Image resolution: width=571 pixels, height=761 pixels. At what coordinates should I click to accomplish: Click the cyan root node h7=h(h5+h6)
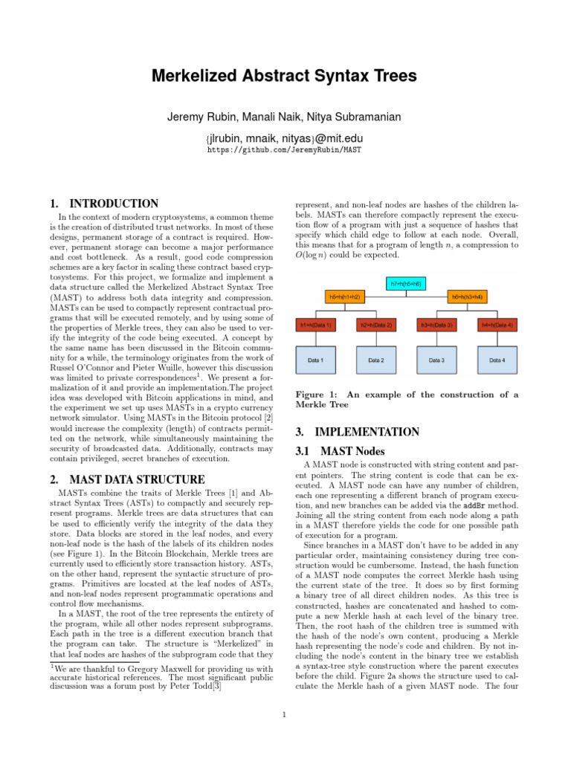405,284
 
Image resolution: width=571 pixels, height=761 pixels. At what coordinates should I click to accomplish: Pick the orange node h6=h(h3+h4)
467,297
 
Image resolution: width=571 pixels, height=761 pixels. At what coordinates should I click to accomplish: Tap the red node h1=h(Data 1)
315,325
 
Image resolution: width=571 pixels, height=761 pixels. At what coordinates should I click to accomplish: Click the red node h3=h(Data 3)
436,325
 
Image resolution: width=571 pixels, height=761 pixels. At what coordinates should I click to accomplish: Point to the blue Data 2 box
375,360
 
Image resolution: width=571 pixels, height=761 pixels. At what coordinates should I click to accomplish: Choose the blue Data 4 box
497,360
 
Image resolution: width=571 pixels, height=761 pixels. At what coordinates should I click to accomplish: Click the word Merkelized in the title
197,76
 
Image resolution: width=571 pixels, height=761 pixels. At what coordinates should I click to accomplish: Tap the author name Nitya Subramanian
355,117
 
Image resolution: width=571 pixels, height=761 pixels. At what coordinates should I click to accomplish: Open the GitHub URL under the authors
285,149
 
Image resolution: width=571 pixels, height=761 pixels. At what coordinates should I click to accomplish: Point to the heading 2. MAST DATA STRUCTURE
126,479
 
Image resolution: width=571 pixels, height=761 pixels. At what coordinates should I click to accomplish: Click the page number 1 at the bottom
285,716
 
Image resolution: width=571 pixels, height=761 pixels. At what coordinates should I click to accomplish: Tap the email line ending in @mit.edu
285,136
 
